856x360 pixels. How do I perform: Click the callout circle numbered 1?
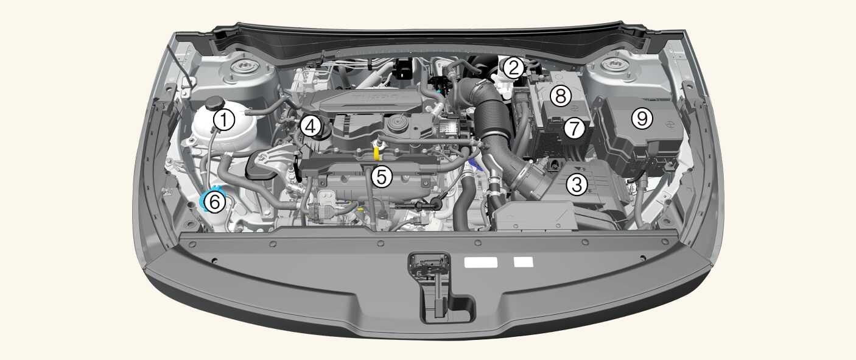tap(224, 120)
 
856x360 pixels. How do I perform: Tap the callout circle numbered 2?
tap(513, 68)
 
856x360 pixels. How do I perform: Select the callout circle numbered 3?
tap(577, 185)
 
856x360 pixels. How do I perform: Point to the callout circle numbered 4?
tap(310, 127)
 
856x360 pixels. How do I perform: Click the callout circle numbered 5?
tap(382, 177)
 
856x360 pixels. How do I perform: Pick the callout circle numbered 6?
tap(215, 202)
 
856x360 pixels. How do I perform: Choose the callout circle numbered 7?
tap(574, 129)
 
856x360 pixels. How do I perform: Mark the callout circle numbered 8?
tap(561, 96)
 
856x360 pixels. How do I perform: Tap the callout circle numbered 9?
tap(642, 118)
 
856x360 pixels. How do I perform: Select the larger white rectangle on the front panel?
tap(481, 262)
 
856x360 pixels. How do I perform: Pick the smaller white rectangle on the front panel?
tap(523, 262)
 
